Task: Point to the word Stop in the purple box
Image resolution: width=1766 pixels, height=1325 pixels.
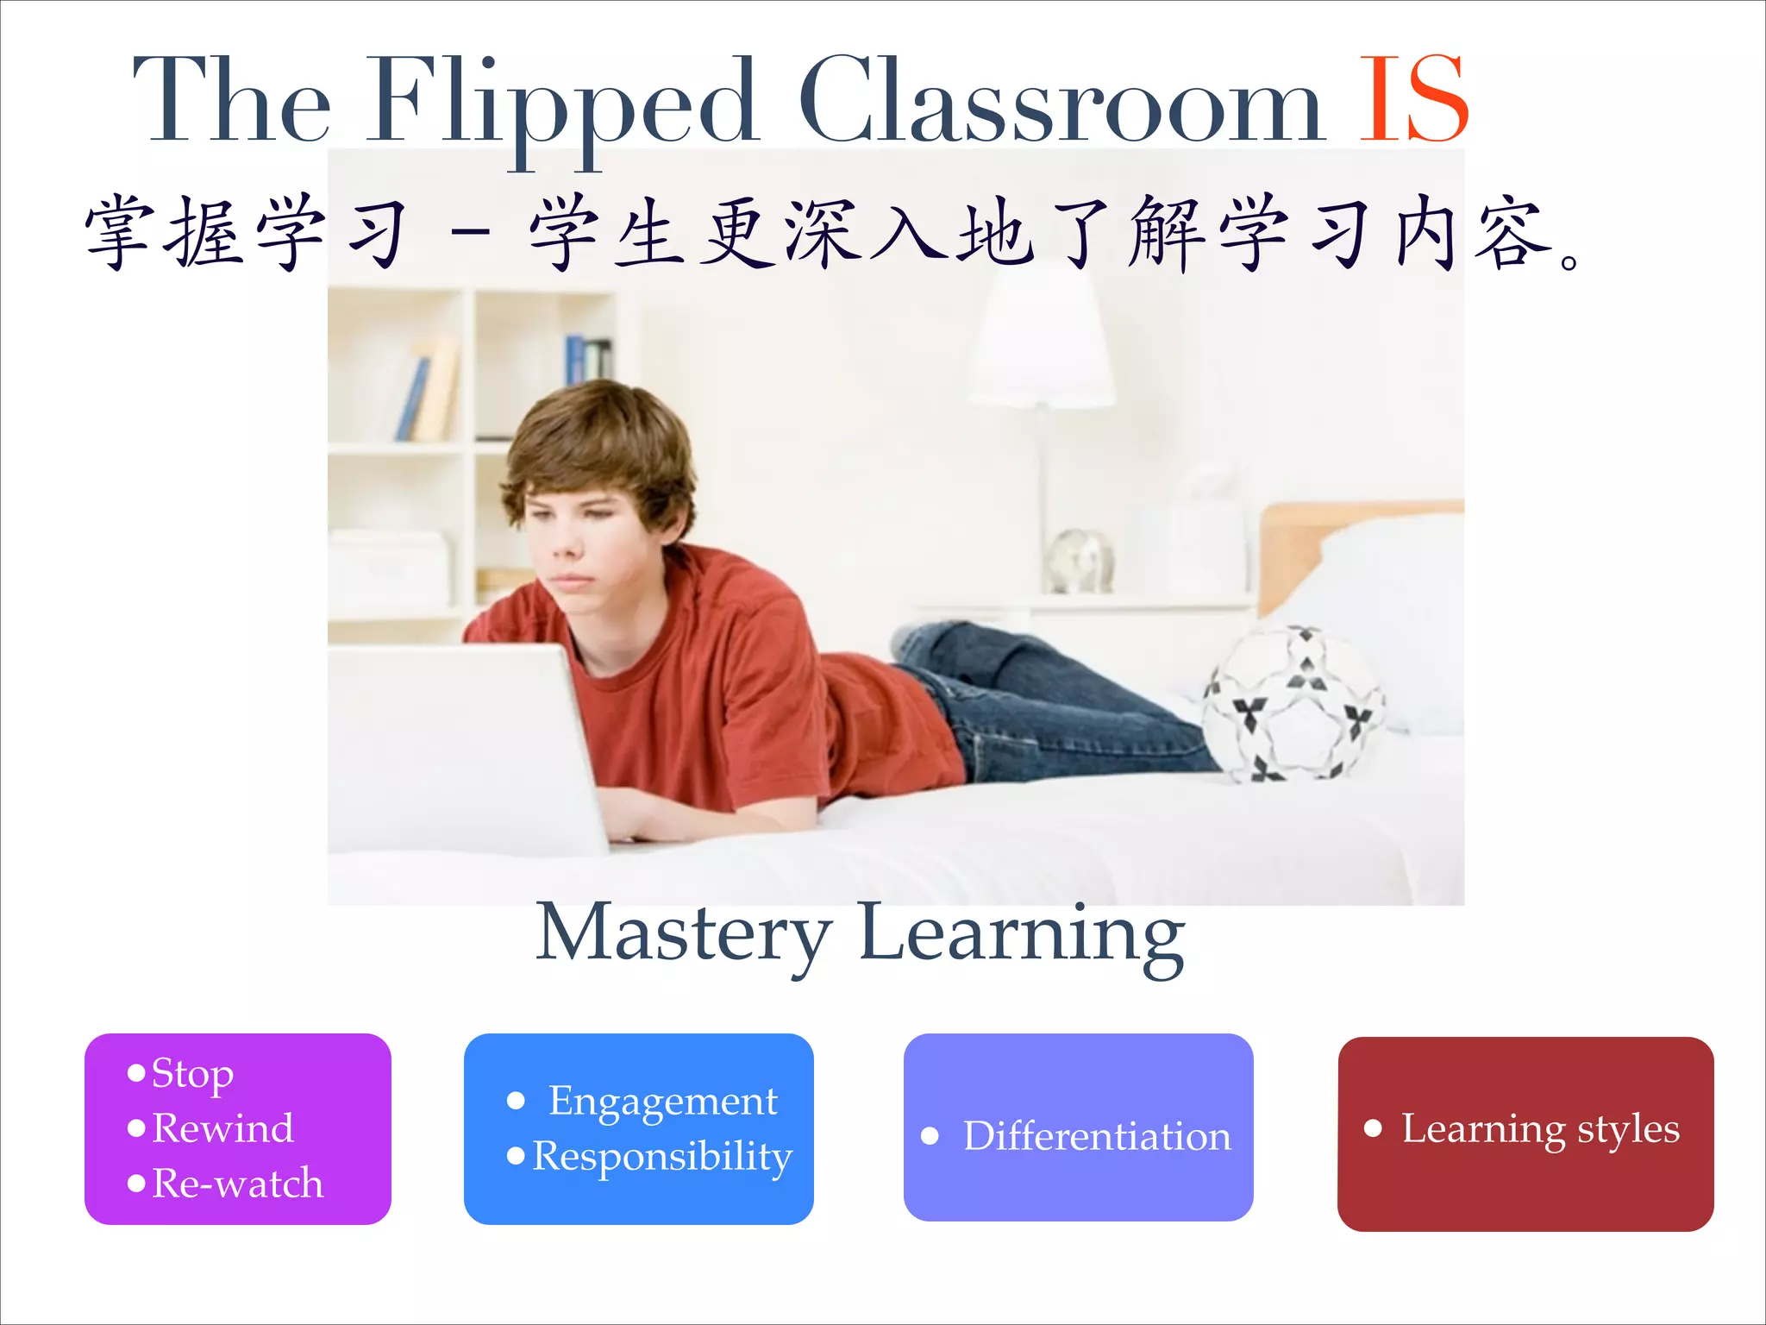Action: tap(192, 1075)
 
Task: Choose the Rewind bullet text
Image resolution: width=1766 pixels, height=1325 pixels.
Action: tap(222, 1128)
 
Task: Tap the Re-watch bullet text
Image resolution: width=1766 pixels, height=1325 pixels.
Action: tap(237, 1184)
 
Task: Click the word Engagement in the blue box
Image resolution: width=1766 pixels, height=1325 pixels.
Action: tap(662, 1102)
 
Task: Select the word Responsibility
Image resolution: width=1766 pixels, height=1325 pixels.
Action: tap(662, 1158)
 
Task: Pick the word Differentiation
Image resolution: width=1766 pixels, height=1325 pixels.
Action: tap(1097, 1136)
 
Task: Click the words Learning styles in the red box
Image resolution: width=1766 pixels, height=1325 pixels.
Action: tap(1540, 1129)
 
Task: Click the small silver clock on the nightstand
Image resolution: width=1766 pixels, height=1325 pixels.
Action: tap(1079, 561)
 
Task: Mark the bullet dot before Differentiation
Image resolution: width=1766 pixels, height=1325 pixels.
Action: tap(930, 1136)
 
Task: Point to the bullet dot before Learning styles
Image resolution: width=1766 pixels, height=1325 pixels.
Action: tap(1373, 1128)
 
